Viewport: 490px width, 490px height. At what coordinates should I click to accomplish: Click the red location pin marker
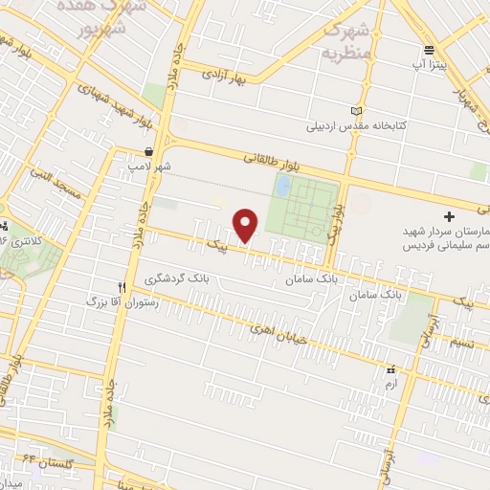pos(247,226)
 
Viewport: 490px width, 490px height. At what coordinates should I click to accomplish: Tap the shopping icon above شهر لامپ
pos(148,151)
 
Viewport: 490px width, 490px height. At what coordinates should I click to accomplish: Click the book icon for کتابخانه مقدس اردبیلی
pos(357,111)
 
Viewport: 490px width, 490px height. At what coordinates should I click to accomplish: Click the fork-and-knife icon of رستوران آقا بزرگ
pos(122,286)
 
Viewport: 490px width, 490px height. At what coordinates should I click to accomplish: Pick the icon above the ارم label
pos(390,370)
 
